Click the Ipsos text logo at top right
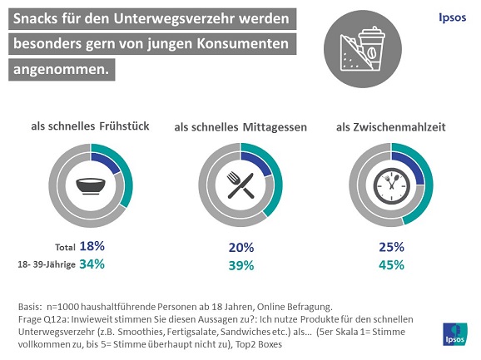(x=453, y=17)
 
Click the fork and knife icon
(x=240, y=187)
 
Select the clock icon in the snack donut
(x=389, y=187)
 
